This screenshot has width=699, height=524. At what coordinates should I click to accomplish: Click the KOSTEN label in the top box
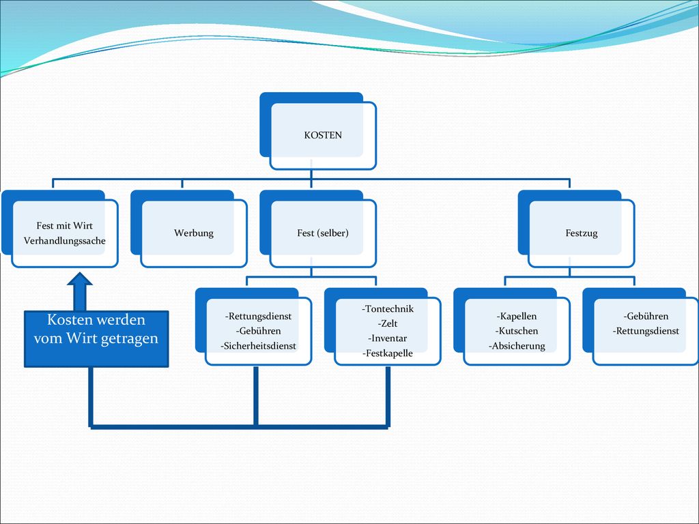coord(323,135)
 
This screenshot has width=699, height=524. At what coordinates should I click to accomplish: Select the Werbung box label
coord(193,233)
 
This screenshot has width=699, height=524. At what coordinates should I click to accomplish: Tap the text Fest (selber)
coord(323,233)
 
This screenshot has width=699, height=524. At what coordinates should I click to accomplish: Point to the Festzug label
coord(582,233)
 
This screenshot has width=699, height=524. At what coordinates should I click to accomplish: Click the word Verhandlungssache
coord(65,241)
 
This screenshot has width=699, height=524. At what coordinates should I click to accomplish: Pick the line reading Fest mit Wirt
coord(65,226)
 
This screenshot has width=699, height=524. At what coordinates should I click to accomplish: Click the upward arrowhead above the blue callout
coord(80,278)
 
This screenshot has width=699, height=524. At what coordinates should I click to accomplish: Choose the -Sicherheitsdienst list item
coord(258,346)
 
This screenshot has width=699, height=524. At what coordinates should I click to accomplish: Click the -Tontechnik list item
coord(388,309)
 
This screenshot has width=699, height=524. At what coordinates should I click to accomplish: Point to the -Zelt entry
coord(388,323)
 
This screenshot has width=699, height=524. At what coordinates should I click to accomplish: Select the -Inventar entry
coord(388,338)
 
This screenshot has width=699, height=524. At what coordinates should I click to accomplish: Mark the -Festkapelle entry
coord(388,353)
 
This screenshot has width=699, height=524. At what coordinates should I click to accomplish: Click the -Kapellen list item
coord(517,317)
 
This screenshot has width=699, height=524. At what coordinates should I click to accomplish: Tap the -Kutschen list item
coord(517,331)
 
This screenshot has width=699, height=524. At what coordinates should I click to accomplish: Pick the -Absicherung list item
coord(517,346)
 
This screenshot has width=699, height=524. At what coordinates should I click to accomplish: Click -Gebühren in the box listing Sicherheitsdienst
coord(258,331)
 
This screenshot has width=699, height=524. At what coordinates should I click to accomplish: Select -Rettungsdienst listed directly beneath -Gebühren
coord(646,331)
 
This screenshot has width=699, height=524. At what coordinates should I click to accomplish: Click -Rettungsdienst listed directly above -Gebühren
coord(258,317)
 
